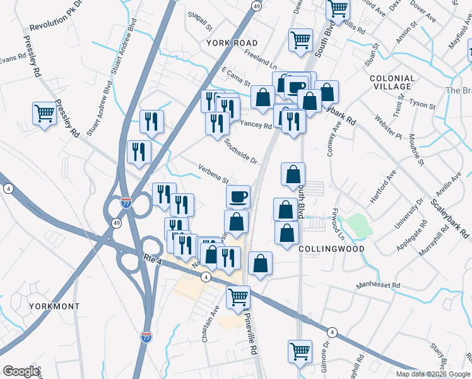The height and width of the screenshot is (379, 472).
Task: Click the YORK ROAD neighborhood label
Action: tap(232, 42)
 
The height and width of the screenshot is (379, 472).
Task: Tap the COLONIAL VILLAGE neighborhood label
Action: tap(392, 83)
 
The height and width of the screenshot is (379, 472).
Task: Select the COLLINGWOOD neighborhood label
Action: tap(331, 249)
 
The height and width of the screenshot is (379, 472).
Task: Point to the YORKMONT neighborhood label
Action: tap(54, 306)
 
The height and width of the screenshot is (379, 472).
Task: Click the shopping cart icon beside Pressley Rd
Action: tap(45, 114)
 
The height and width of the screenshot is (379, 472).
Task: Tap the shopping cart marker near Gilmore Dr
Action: tap(300, 351)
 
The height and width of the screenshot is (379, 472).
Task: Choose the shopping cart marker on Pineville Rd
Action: tap(239, 297)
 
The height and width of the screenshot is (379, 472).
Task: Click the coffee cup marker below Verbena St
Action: tap(238, 197)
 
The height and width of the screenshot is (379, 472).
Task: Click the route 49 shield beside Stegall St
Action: tap(256, 6)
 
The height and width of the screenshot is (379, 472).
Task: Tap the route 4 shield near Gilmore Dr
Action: tap(331, 332)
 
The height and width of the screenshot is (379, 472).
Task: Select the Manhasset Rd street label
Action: tap(378, 286)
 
